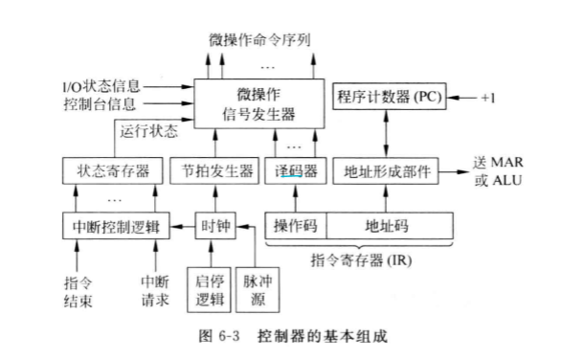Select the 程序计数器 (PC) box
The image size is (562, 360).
tap(386, 98)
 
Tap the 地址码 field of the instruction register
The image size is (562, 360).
tap(386, 226)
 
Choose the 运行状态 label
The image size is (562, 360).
tap(146, 133)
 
